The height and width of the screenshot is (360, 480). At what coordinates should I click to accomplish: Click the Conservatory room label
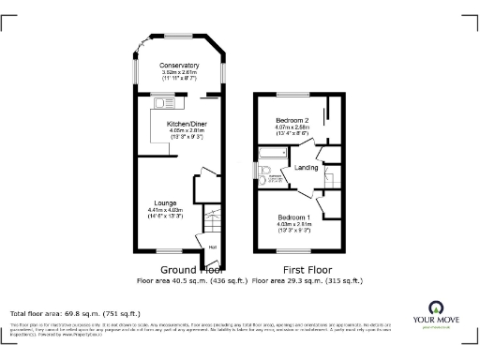179,65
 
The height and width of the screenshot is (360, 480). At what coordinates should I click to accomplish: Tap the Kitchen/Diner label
180,125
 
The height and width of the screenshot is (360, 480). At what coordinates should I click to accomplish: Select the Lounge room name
165,202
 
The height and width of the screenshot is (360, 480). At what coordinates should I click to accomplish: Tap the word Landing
307,167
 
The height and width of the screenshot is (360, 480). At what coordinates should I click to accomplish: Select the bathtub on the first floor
272,152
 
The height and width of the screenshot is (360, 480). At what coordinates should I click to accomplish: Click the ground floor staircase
214,225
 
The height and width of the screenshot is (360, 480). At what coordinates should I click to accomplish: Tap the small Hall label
212,247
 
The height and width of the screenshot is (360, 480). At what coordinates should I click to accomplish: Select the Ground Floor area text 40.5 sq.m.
179,279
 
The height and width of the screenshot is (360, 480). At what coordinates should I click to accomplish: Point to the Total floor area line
75,313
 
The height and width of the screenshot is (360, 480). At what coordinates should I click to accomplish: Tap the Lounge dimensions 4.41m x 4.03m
165,210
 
